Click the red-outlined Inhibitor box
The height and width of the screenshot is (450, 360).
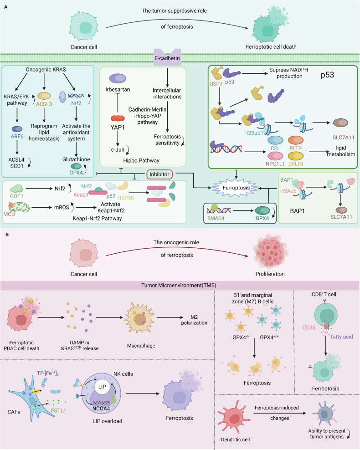159,174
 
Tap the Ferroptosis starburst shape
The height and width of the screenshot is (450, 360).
236,188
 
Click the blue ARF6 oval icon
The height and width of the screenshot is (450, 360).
17,129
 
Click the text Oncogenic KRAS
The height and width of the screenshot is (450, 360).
46,69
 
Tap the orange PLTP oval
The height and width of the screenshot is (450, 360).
296,140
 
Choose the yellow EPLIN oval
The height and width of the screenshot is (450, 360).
296,156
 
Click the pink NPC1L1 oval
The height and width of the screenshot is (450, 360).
275,156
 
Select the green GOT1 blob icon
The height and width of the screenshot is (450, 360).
16,188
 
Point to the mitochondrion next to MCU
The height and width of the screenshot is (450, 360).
20,207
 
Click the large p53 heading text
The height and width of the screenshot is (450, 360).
327,75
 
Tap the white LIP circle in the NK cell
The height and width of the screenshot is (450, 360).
102,387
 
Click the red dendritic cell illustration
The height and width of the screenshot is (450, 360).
231,417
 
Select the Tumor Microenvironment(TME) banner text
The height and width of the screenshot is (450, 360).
179,285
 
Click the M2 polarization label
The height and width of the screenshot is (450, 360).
194,320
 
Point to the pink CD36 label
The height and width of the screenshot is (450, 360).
309,327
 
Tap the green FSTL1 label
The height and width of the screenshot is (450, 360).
59,411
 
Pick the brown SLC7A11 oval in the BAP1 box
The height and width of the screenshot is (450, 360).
341,210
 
